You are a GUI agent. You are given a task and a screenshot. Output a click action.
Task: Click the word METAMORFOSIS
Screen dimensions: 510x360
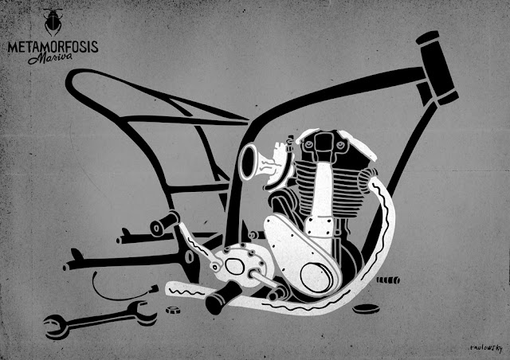coord(53,46)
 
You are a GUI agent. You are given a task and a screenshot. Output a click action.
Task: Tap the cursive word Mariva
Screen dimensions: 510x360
coord(46,59)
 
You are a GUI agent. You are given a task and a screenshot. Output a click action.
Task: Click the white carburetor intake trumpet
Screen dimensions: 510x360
coord(254,164)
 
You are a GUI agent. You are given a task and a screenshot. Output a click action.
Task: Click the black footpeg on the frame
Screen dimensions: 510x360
coord(164,225)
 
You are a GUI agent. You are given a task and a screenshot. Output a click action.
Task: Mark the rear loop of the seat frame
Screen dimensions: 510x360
coord(80,88)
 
